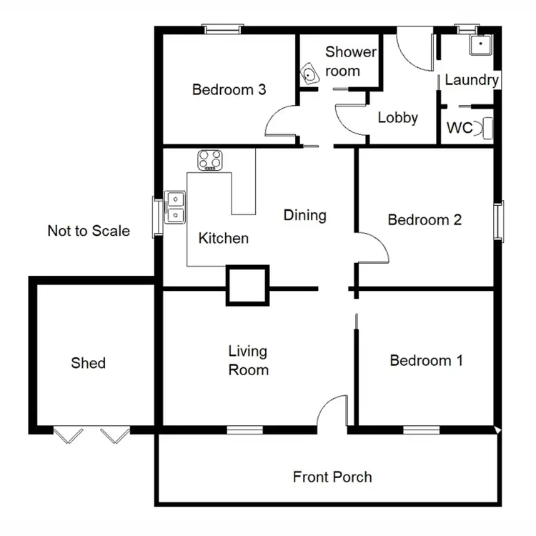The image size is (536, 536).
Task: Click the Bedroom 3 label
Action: (229, 90)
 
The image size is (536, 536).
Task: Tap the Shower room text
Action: (350, 61)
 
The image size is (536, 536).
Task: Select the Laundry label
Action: (471, 80)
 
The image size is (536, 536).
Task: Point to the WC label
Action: (460, 129)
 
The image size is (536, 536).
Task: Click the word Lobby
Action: (397, 118)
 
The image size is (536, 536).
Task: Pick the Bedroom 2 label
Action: (425, 219)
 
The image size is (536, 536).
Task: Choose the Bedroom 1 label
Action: (426, 360)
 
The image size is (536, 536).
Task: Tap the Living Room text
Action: (248, 360)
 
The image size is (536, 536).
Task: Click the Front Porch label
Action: (332, 477)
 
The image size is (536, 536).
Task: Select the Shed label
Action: (88, 363)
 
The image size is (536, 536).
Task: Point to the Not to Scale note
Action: (89, 231)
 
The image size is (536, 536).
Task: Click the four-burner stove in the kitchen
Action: (210, 161)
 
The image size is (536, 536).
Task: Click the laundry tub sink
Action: (480, 45)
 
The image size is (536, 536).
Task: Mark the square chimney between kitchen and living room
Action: (247, 286)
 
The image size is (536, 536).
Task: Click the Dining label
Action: (304, 215)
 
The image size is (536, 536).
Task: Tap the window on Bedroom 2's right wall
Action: (500, 219)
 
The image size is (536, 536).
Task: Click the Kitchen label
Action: (223, 238)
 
